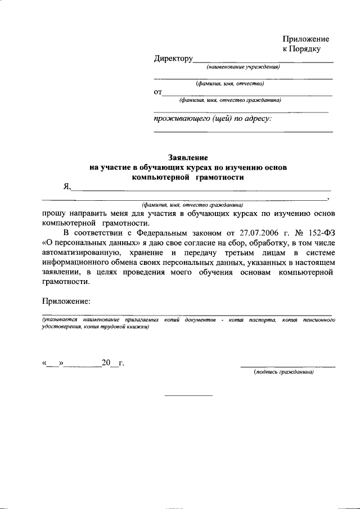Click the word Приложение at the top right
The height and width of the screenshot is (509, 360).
click(305, 39)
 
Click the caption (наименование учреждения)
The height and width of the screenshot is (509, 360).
click(242, 67)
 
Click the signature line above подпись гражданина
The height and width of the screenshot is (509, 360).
click(287, 367)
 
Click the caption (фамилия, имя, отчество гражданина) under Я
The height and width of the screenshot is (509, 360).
click(192, 206)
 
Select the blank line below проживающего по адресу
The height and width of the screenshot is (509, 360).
click(243, 132)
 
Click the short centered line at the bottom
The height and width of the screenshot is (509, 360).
click(188, 395)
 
